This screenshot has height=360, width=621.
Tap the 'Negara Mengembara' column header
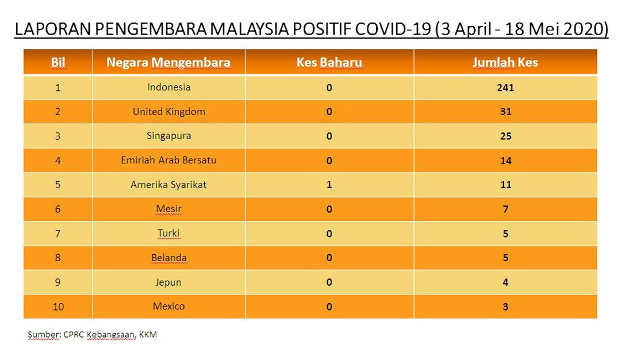[168, 62]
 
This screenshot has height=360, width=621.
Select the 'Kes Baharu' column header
[329, 62]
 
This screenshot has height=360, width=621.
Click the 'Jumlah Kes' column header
[505, 62]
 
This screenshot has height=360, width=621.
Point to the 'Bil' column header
[58, 62]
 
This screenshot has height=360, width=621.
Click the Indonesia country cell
[168, 87]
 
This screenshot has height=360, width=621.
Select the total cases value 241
[505, 87]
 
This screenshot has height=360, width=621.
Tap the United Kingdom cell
[168, 112]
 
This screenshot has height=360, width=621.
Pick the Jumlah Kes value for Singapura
[506, 136]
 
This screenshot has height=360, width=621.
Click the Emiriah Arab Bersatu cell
[168, 160]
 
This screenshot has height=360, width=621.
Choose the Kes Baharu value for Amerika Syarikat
[329, 185]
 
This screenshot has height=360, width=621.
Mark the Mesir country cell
[168, 209]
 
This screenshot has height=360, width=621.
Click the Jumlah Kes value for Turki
[506, 233]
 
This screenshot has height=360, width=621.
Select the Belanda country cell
[168, 258]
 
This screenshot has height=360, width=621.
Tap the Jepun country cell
[168, 282]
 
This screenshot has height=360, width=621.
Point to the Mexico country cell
[168, 306]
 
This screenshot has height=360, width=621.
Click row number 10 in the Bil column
[58, 307]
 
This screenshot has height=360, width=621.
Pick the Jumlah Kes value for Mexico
[506, 307]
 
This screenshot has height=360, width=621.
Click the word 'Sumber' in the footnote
[43, 335]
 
